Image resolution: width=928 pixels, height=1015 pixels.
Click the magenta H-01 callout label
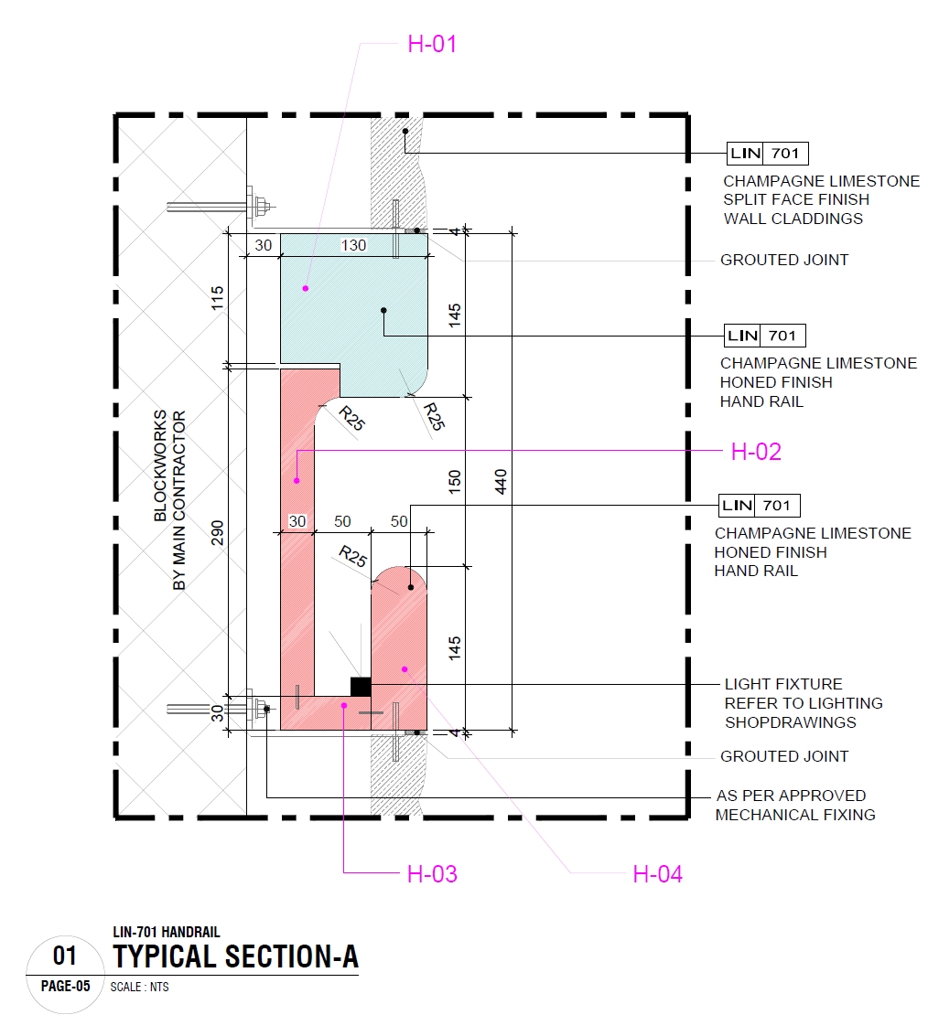[431, 44]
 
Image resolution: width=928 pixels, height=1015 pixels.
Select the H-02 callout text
[756, 452]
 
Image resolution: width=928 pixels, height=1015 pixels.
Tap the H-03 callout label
[432, 874]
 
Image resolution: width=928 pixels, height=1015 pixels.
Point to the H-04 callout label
[657, 875]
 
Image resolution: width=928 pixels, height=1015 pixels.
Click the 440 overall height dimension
[500, 482]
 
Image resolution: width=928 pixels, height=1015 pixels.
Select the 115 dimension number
[217, 298]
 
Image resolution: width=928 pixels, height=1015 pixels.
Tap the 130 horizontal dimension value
[353, 245]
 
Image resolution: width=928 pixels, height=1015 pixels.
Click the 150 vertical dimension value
[455, 482]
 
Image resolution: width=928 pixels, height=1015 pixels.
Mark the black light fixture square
[361, 686]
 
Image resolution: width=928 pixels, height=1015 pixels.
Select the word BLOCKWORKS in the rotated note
[160, 466]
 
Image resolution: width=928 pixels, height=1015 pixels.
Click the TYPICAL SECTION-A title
[236, 956]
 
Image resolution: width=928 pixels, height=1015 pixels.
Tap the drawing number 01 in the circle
[64, 956]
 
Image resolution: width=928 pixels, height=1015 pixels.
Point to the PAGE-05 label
[65, 987]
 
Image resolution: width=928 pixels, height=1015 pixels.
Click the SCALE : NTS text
[139, 988]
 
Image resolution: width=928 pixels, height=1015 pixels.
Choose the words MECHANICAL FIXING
[795, 815]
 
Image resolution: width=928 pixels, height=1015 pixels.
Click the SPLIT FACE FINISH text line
[796, 199]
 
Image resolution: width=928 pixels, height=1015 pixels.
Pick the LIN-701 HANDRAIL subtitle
[167, 932]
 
